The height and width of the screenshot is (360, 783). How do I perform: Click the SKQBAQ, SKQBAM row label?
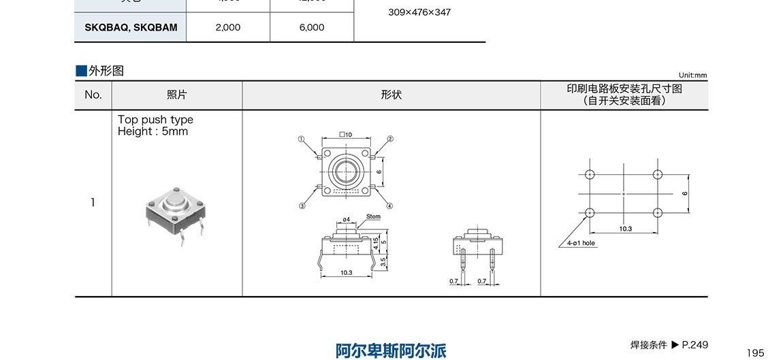[131, 28]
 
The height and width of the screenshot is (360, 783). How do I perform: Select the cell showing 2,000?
[227, 28]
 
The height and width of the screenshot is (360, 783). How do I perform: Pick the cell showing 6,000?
[312, 28]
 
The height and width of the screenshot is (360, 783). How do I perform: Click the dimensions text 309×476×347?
[419, 12]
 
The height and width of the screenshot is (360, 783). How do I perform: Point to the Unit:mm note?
[692, 76]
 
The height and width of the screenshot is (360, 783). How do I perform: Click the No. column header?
[93, 95]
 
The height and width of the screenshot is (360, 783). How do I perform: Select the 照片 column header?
[177, 95]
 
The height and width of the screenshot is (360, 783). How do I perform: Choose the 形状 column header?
[391, 95]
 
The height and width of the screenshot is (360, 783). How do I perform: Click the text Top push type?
[155, 120]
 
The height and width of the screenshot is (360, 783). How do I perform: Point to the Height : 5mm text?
[153, 131]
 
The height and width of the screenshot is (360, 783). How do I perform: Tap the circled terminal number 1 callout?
[300, 139]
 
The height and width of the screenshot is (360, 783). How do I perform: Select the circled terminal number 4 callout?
[390, 206]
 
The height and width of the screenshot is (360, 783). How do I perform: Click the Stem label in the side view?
[373, 216]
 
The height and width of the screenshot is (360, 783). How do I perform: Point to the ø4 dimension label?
[346, 220]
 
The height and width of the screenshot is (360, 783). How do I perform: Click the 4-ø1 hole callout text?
[580, 243]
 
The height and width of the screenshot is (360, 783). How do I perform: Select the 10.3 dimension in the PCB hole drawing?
[625, 229]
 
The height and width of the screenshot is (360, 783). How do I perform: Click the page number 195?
[756, 353]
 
